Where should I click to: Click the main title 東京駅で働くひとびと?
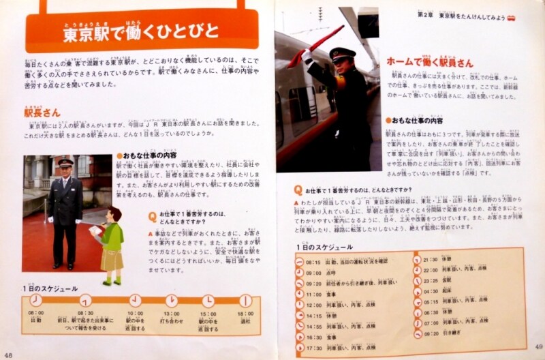(142, 31)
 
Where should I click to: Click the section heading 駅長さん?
(42, 112)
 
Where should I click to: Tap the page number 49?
(536, 347)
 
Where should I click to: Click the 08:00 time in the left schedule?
(35, 313)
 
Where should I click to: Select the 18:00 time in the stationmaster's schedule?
(245, 313)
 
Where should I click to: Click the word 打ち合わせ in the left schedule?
(172, 320)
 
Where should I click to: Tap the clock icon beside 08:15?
(300, 260)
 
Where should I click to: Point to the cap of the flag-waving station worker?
(342, 53)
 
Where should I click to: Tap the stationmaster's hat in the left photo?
(65, 162)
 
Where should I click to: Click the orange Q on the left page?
(153, 216)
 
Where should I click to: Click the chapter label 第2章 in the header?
(426, 14)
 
